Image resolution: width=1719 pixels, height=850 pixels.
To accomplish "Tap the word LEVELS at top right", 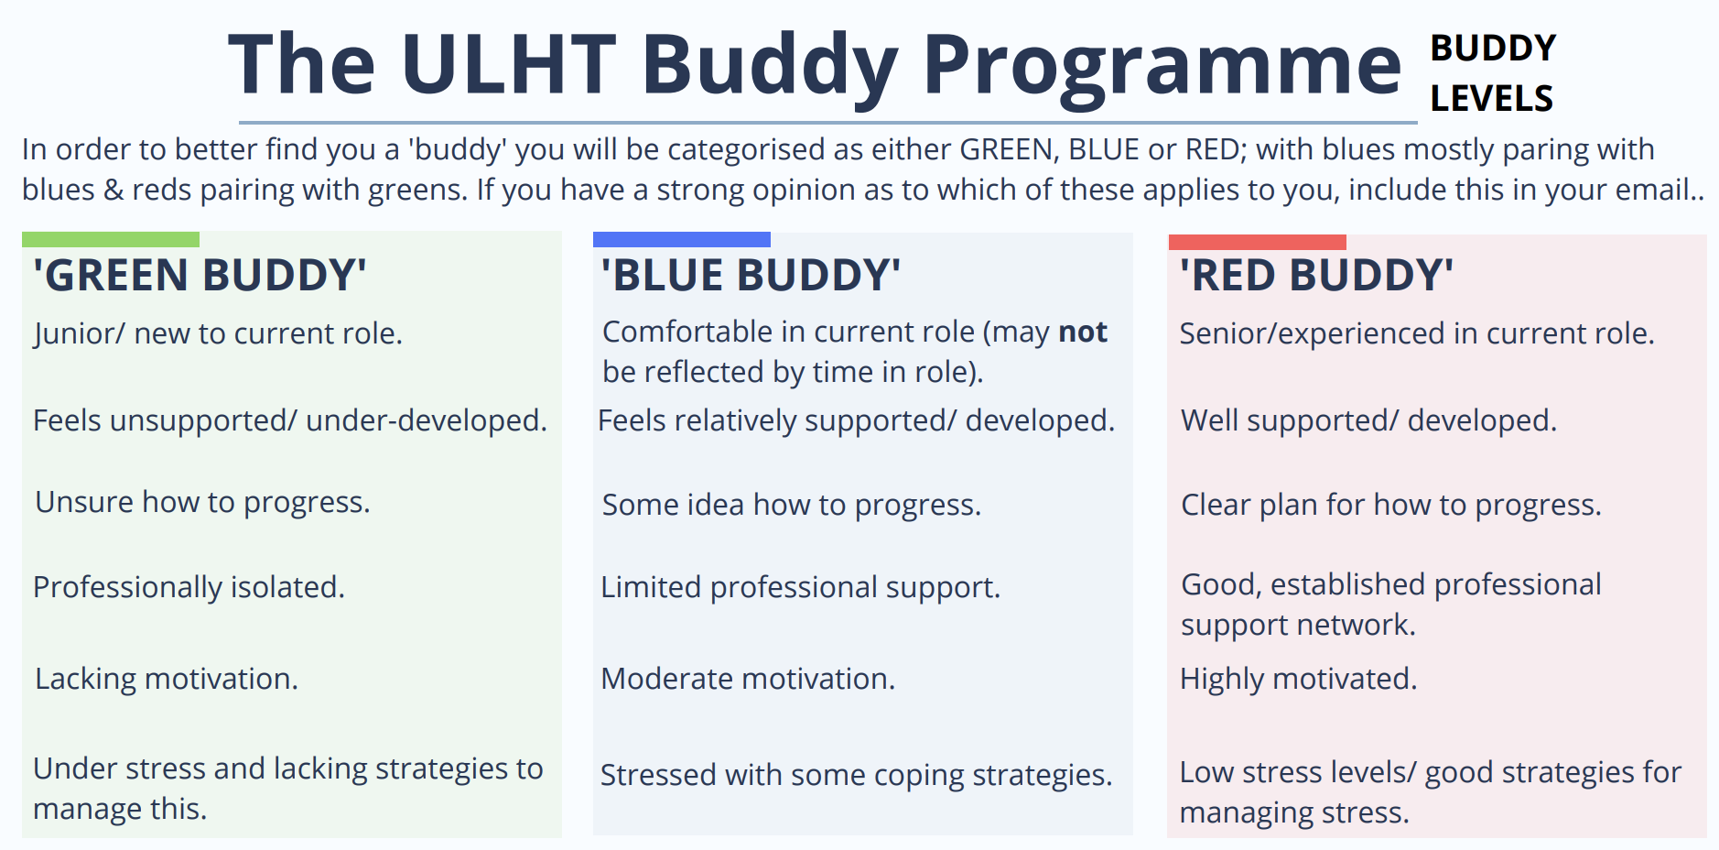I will [1491, 98].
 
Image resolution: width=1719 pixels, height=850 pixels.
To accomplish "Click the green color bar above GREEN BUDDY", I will [111, 240].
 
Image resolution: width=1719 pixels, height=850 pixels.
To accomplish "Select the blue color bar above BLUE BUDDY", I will [681, 240].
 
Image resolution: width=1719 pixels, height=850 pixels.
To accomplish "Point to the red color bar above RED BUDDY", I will [1257, 242].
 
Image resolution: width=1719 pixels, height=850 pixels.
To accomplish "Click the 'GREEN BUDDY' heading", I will [200, 275].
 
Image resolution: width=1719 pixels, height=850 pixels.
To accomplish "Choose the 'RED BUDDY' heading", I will [1315, 275].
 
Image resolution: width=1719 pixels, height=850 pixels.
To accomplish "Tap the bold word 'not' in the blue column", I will [1083, 332].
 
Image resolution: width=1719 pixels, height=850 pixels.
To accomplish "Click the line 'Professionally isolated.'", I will [189, 587].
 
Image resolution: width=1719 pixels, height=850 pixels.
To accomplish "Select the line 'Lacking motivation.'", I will [166, 679].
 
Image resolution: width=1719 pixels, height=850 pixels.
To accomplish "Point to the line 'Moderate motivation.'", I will [747, 679].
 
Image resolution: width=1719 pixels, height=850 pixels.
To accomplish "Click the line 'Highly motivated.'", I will [1297, 679].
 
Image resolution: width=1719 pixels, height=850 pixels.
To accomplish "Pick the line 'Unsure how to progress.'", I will [202, 502].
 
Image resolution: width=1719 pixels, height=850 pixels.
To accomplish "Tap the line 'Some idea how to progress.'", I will [791, 505].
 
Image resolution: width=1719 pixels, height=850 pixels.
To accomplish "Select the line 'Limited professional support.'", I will [800, 587].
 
